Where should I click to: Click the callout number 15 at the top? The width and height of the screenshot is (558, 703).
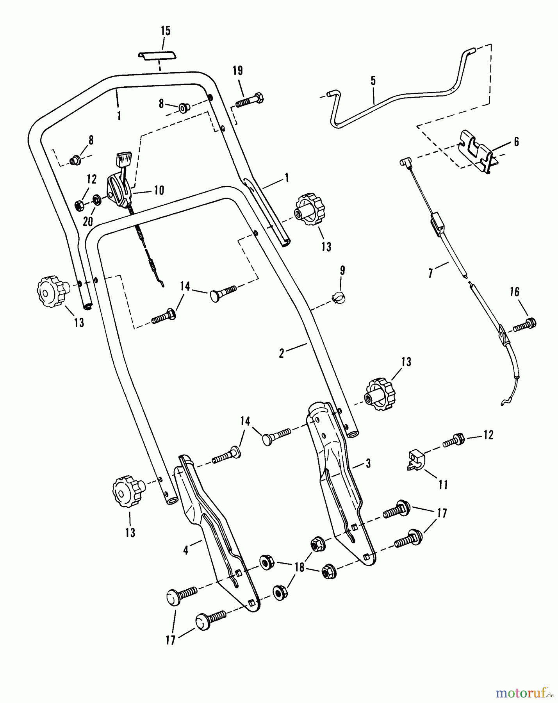pos(166,31)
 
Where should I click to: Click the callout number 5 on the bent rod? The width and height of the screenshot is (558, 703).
pos(373,81)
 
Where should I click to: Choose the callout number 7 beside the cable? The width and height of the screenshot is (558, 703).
pos(431,273)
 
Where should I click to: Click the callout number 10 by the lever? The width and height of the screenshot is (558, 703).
pos(159,191)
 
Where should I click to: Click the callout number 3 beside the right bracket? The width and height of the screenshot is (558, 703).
pos(368,463)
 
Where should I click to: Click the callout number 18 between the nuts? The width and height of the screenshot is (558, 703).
pos(299,567)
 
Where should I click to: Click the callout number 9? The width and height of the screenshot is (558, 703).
pos(342,270)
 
